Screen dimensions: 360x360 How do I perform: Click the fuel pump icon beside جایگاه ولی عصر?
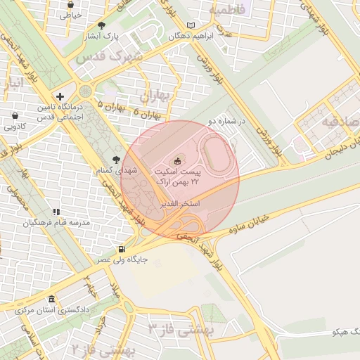123,249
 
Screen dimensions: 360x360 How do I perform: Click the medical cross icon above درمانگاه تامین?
60,97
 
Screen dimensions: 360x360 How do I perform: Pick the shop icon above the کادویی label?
15,115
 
